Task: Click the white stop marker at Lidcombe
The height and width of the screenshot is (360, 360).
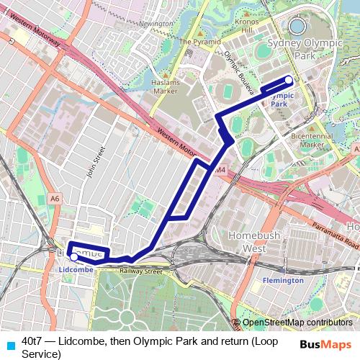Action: coord(73,256)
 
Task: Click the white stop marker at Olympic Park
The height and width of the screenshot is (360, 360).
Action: coord(289,80)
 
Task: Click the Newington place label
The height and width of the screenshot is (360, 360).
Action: coord(158,24)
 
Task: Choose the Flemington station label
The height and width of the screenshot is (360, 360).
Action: coord(282,279)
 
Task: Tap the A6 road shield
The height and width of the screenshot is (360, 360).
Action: coord(55,198)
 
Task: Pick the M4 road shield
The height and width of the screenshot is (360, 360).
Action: coord(220,169)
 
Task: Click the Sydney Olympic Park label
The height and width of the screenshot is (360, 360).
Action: coord(300,49)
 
